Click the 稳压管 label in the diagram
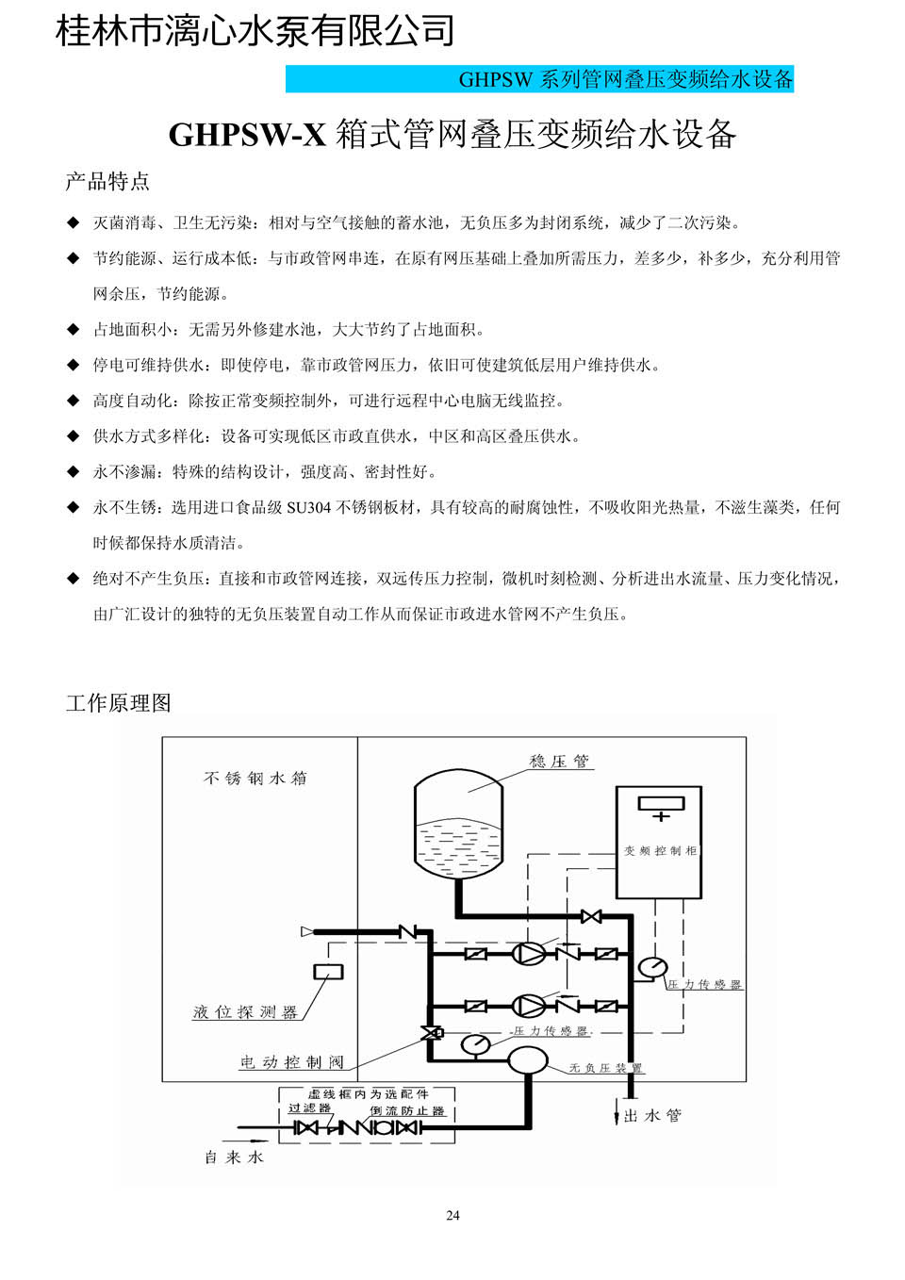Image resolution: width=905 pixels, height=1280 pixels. tap(558, 762)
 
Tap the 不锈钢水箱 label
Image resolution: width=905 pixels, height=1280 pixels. tap(255, 778)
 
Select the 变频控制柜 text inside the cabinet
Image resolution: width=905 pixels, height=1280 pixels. tap(661, 851)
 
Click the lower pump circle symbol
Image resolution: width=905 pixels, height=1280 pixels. tap(528, 1006)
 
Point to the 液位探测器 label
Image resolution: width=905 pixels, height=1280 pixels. tap(245, 1012)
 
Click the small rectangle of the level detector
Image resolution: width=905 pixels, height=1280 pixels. tap(328, 972)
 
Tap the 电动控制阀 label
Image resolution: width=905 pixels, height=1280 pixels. tap(292, 1061)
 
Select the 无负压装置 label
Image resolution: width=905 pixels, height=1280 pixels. tap(605, 1067)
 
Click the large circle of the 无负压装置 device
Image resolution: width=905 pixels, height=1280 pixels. tap(528, 1060)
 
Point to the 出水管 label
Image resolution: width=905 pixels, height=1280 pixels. tap(652, 1115)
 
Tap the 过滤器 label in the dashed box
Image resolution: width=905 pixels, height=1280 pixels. tap(309, 1108)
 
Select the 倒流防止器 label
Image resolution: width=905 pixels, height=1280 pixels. tap(407, 1111)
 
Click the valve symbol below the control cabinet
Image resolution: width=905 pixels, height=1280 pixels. tap(591, 916)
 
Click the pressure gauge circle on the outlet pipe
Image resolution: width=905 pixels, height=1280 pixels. tap(652, 967)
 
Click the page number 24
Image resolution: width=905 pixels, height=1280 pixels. tap(452, 1215)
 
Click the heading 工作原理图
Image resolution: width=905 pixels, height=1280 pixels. tap(119, 703)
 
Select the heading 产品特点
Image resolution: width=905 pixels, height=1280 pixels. tap(107, 181)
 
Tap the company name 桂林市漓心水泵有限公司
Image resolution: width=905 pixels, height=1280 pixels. tap(255, 30)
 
